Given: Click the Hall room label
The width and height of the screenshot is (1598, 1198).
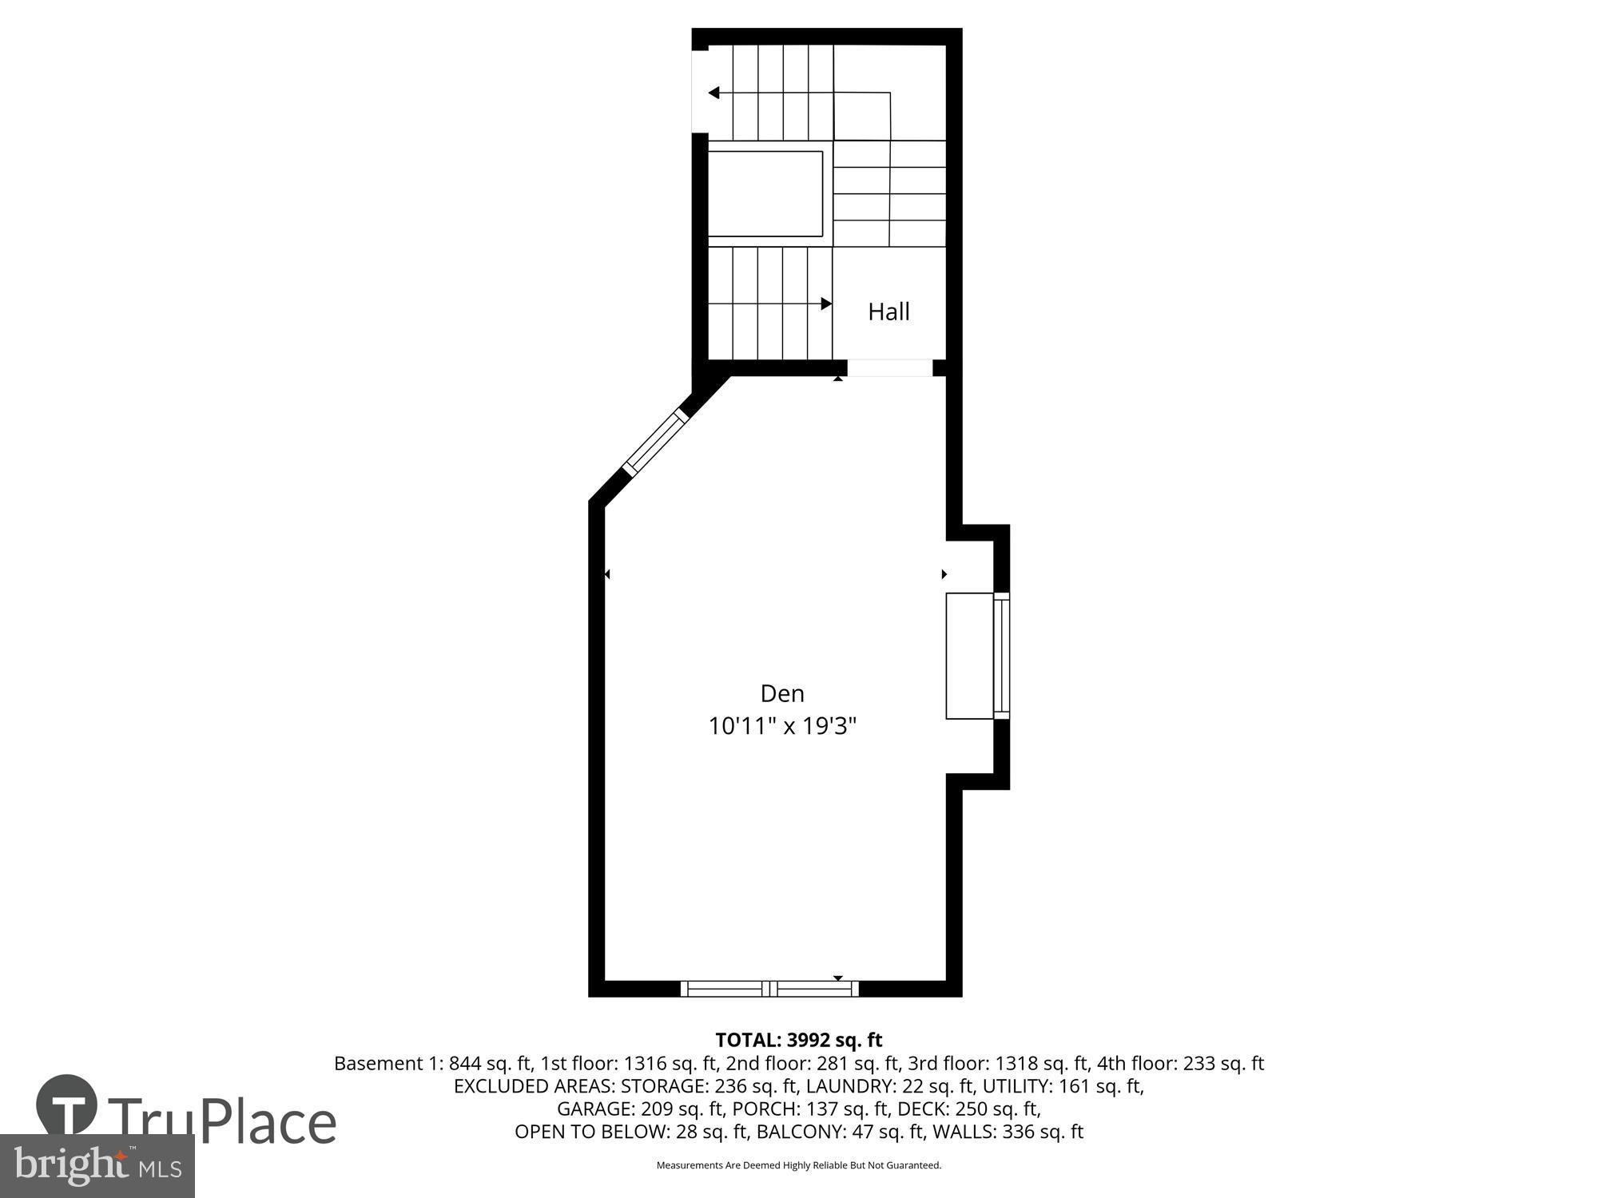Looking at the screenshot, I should pos(888,311).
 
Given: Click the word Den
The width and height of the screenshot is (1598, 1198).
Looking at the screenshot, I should pos(781,692).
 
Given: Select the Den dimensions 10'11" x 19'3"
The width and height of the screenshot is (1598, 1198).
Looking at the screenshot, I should pos(782,726).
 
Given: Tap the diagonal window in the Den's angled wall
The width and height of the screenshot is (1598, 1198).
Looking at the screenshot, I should pos(654,443).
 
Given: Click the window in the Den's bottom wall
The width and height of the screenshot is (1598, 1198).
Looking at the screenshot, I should pos(769,988).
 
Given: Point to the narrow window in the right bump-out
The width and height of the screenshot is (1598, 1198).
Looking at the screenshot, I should pos(1001,656).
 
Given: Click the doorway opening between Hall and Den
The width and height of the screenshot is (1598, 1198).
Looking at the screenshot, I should pos(889,367).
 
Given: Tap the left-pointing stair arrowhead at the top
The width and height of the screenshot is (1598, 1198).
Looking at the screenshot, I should pos(714,93).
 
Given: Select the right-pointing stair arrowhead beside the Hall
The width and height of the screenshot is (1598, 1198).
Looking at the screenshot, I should pos(826,303).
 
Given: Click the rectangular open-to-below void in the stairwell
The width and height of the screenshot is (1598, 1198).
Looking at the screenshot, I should pos(765,193).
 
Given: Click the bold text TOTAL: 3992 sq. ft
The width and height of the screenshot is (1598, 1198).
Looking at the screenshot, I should pos(798,1040).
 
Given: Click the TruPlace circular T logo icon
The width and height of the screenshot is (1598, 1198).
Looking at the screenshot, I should pos(67,1105).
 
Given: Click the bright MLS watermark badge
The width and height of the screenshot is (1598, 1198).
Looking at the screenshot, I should pos(97,1165).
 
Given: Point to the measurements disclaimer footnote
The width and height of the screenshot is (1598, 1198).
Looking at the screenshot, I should pos(798,1165).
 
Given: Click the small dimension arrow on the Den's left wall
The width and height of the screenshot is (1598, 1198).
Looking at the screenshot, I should pos(607,574).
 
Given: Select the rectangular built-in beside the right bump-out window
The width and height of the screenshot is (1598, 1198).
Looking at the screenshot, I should pos(969,656).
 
